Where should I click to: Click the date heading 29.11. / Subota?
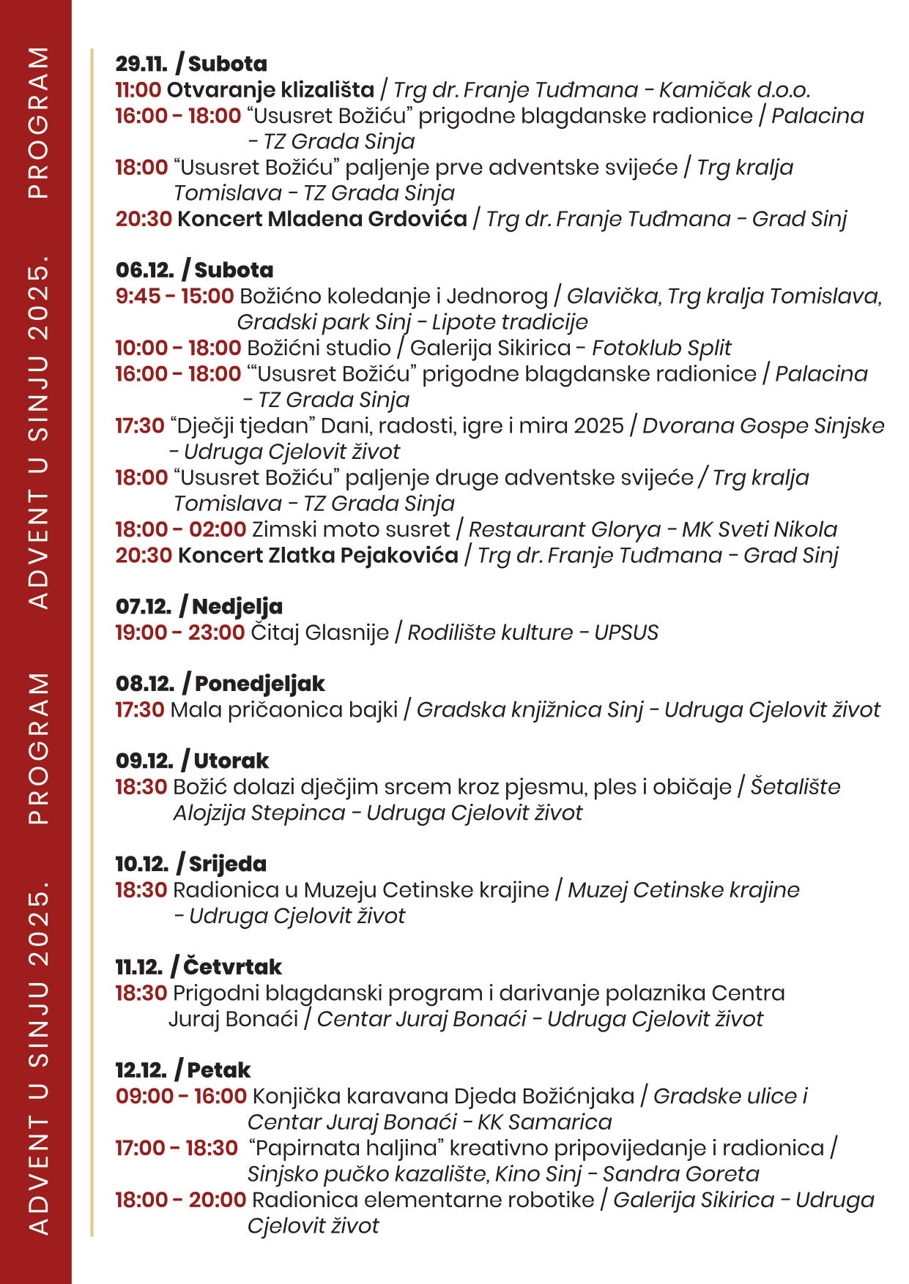click(x=191, y=64)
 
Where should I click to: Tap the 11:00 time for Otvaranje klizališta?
click(x=138, y=90)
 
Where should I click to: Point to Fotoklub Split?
click(x=661, y=348)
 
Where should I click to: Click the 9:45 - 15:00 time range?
click(x=174, y=296)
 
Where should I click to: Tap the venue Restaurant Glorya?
click(x=564, y=529)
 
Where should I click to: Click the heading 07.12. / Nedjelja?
click(x=199, y=606)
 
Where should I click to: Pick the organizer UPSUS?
click(x=626, y=632)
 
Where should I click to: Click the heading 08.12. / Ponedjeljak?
click(x=220, y=684)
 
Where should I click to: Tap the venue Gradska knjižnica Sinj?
click(x=530, y=710)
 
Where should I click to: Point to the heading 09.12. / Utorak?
click(x=192, y=761)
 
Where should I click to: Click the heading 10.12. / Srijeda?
click(x=190, y=864)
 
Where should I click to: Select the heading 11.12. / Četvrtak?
click(x=198, y=967)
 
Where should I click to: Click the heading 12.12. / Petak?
click(x=182, y=1070)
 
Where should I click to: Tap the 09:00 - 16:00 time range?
click(x=181, y=1097)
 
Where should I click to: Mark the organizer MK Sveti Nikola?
click(x=760, y=529)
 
